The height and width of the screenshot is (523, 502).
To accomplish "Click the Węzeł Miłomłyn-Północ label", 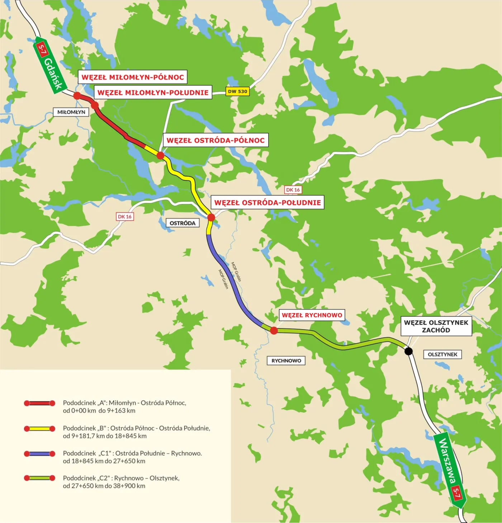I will click(x=132, y=77).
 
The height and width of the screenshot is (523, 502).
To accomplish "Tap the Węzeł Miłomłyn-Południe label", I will click(x=153, y=92).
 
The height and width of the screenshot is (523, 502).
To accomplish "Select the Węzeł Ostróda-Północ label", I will click(x=216, y=140).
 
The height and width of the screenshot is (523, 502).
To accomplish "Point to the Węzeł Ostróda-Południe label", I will click(x=267, y=202).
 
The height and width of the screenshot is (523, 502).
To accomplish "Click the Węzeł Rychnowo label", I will click(x=312, y=315).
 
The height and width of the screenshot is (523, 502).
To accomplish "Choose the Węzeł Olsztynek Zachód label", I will click(x=436, y=326).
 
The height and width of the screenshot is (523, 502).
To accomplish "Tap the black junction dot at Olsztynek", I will click(x=408, y=351).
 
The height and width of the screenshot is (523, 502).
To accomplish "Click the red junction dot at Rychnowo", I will click(x=274, y=331).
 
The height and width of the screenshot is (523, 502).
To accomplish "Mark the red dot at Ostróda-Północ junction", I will click(x=160, y=155).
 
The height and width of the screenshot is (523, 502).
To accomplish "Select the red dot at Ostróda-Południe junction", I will click(x=211, y=217).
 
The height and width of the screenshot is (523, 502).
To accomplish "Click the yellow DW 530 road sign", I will click(x=237, y=91).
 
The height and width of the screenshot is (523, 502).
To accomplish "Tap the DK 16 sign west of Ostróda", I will click(x=125, y=216).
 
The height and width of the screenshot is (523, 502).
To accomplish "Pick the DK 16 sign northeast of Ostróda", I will click(x=293, y=189).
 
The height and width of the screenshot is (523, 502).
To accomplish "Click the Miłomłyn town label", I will click(x=71, y=112).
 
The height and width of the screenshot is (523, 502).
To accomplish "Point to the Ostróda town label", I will click(x=183, y=223).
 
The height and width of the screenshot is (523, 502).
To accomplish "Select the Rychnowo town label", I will click(x=286, y=360).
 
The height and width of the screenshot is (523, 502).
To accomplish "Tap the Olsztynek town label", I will click(x=442, y=354).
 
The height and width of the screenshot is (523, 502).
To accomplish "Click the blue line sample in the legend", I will click(x=39, y=454).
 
